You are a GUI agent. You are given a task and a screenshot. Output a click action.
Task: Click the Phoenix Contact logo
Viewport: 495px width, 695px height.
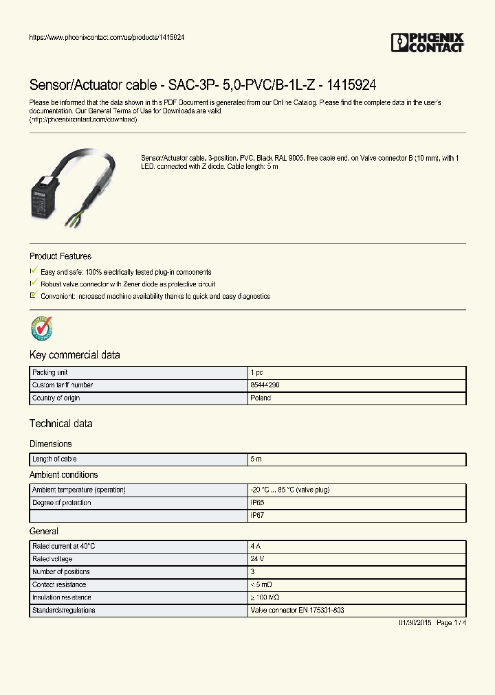428,43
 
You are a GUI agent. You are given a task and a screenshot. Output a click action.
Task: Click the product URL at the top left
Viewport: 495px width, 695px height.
106,37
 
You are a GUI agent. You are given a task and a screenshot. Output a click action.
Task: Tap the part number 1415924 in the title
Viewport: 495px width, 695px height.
352,84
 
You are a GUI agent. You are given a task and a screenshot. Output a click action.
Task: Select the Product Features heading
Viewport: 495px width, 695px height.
60,256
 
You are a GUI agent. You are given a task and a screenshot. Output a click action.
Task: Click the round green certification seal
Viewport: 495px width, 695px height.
42,329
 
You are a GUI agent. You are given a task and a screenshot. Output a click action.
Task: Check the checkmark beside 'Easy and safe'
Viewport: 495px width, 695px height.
34,271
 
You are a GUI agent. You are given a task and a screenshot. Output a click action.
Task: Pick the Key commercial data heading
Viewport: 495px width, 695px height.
74,355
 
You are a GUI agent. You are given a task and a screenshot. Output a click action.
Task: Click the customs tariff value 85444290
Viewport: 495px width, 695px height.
265,385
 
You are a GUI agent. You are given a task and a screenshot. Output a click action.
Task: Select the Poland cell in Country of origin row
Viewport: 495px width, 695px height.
261,398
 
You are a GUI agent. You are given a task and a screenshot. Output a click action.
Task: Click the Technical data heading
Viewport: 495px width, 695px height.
60,424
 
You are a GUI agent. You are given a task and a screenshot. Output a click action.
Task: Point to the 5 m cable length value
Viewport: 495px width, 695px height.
256,459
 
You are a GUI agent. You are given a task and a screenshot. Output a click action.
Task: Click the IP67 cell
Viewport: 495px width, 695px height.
258,515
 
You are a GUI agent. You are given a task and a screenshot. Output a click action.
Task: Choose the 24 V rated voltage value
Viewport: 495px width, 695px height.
258,559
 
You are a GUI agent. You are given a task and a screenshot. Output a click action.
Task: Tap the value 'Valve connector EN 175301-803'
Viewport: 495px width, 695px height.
297,610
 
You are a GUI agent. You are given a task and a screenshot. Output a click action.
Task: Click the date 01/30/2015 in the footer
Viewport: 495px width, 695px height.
415,623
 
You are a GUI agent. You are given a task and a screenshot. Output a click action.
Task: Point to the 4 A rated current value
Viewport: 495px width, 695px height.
256,546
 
